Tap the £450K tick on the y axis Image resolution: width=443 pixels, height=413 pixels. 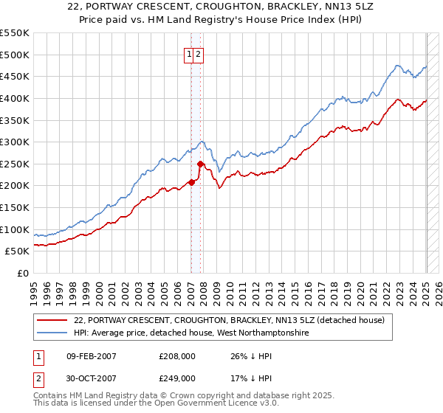[15, 77]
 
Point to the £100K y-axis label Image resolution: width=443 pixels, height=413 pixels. [15, 229]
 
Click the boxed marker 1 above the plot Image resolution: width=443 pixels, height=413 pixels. [190, 54]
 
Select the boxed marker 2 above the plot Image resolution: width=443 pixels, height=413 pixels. [199, 54]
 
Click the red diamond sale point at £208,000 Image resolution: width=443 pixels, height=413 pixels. [191, 182]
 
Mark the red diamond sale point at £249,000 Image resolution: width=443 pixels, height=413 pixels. [200, 164]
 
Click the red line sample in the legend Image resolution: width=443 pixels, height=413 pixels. [53, 320]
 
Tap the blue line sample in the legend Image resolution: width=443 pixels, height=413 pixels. [53, 333]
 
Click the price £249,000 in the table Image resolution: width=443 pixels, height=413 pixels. [176, 378]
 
